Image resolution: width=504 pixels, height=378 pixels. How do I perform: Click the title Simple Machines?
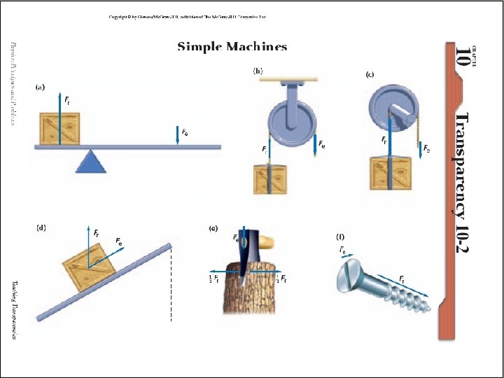(x=232, y=47)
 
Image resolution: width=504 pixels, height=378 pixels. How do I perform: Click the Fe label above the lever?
(x=185, y=131)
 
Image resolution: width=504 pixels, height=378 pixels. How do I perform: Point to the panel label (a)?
(x=41, y=87)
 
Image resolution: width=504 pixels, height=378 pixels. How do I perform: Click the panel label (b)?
(x=258, y=71)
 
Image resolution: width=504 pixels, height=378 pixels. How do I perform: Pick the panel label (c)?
(x=370, y=74)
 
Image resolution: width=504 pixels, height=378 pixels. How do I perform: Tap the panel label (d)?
(x=41, y=227)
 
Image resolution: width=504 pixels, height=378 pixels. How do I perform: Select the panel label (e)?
(x=213, y=228)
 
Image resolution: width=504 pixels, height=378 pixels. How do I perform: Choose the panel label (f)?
(x=341, y=236)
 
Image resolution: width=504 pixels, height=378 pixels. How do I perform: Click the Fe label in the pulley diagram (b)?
(x=321, y=144)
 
